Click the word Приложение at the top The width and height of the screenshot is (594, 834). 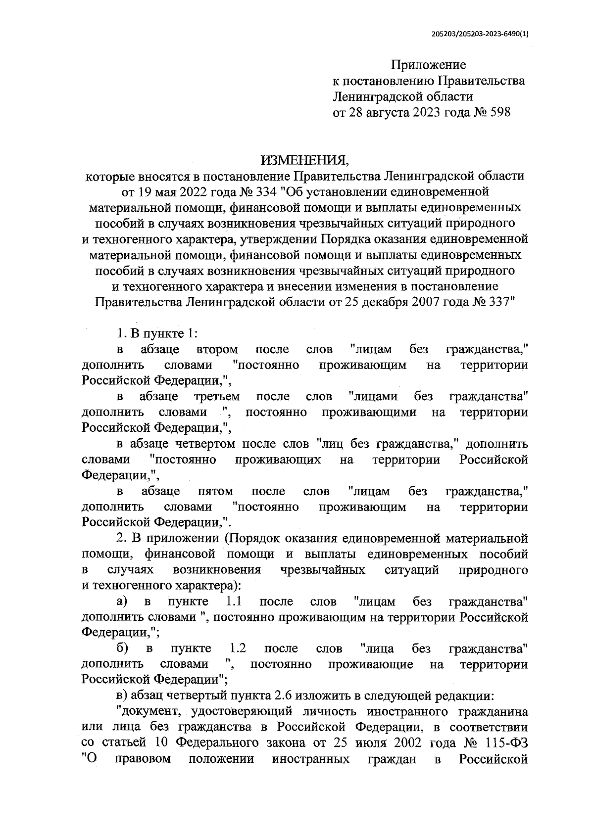(x=429, y=65)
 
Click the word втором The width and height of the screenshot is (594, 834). (x=217, y=350)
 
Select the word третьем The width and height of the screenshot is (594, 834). (x=217, y=396)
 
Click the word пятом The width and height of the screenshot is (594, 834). (x=215, y=491)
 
